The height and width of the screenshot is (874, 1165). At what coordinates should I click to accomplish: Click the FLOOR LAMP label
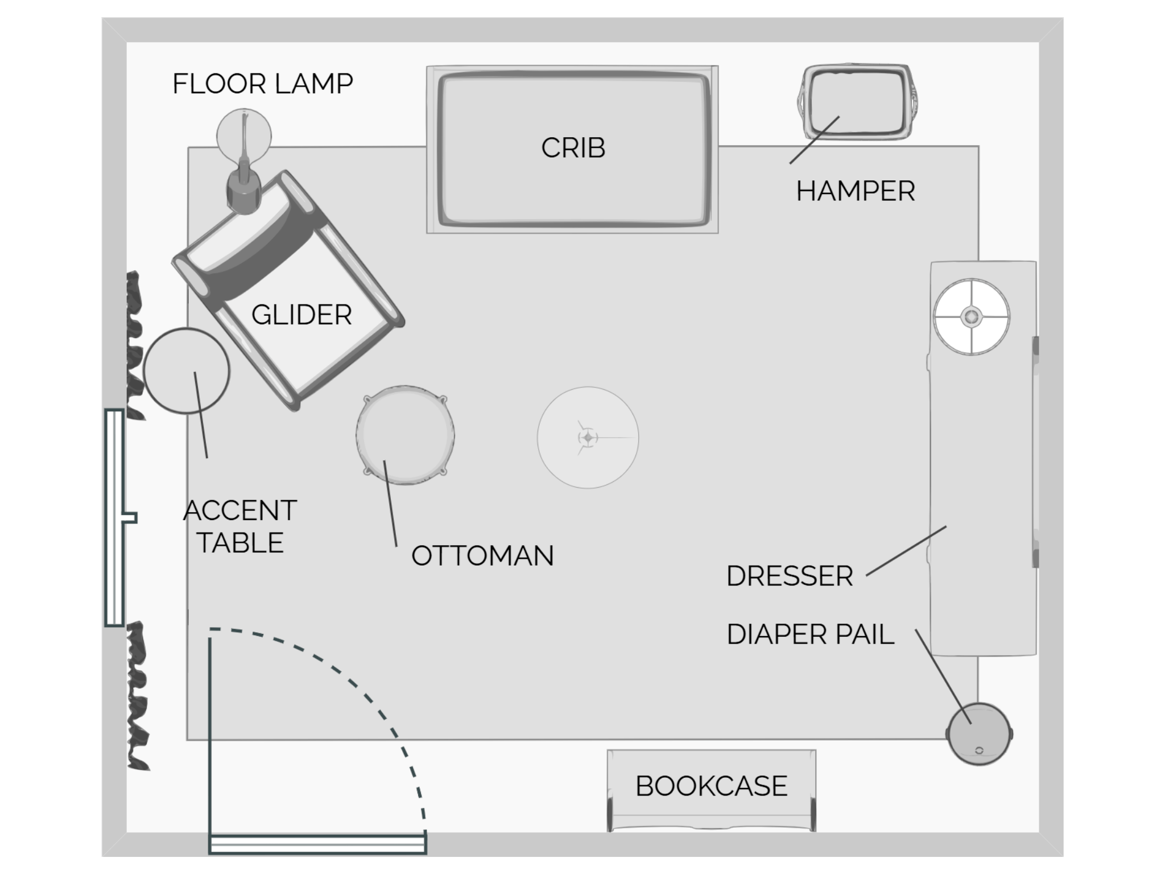coord(262,84)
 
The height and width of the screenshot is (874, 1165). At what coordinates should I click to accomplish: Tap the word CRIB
coord(573,148)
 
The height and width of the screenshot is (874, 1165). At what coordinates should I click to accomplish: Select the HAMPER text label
coord(855,191)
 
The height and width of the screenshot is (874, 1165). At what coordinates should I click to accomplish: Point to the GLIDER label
coord(301,315)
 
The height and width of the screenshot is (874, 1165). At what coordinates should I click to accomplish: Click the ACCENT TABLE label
coord(240,526)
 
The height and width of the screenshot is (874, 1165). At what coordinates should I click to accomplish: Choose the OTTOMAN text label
coord(482,556)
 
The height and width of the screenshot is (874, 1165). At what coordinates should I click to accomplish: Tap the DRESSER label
coord(790,576)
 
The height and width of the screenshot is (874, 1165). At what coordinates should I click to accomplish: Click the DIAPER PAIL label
coord(810,634)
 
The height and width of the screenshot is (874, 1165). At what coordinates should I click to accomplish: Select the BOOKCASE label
coord(711,786)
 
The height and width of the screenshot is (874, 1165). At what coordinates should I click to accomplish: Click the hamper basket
coord(856,102)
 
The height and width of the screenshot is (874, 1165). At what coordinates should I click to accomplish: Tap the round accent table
coord(187,370)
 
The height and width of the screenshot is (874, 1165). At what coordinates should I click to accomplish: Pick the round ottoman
coord(405,435)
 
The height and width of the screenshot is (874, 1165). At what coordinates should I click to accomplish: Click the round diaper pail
coord(980,734)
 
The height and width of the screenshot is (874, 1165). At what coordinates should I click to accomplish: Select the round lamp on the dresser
coord(972,316)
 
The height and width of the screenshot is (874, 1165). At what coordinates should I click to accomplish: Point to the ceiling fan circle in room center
coord(588,438)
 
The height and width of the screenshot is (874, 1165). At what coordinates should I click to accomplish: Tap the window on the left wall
coord(115,517)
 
